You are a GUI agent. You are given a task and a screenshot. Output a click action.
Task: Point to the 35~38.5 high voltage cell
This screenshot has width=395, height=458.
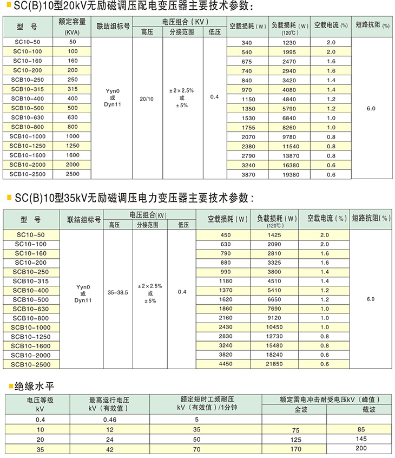119,292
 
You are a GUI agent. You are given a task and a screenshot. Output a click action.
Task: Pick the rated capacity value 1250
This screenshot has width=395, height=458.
73,146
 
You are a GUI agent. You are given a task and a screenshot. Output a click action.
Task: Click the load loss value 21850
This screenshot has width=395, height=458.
275,364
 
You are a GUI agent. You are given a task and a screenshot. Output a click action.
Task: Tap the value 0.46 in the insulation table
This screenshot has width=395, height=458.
110,419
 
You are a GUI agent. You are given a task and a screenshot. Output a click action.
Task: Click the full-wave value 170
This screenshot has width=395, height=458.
295,449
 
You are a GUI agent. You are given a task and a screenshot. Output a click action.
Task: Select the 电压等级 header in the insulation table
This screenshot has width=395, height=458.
40,404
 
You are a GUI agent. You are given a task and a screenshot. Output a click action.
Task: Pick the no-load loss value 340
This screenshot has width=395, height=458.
247,42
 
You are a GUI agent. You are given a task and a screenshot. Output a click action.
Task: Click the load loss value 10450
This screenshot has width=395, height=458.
275,328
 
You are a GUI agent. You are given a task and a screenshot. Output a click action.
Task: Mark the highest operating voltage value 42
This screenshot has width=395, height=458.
110,449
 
